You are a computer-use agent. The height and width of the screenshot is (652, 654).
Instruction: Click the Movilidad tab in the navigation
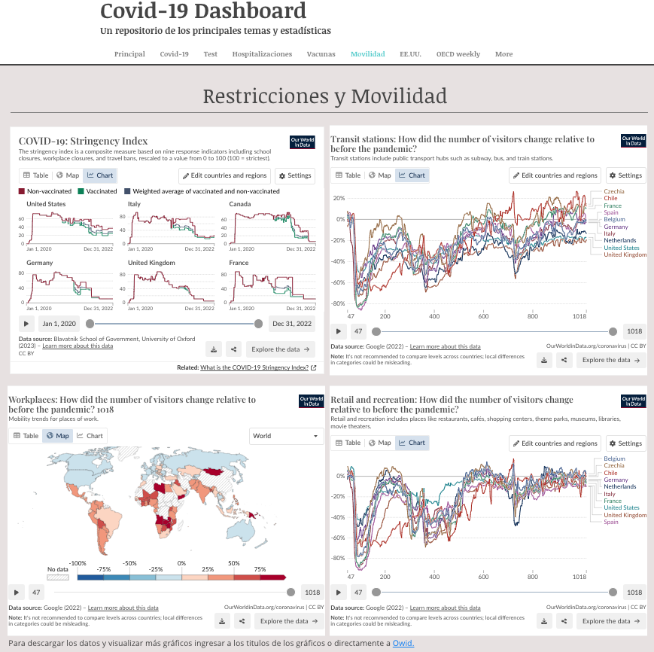(367, 54)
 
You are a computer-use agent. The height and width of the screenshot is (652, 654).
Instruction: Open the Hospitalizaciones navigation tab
(262, 54)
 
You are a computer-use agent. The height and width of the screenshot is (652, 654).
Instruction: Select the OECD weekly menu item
(458, 54)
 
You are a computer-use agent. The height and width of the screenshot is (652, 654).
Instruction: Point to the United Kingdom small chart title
(151, 263)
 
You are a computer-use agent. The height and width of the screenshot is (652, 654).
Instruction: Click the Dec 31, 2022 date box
(292, 324)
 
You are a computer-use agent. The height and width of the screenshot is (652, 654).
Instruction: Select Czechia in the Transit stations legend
(613, 192)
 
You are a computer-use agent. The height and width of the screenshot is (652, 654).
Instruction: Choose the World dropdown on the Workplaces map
(286, 436)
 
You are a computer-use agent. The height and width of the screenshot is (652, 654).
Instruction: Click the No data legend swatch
(57, 577)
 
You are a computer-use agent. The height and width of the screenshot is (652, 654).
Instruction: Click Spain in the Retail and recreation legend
(610, 522)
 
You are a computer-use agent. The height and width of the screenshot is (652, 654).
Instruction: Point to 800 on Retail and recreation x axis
(533, 576)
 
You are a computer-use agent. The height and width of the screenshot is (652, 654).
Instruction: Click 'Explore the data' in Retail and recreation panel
(610, 621)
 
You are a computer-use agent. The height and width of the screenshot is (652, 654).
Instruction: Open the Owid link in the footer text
(403, 643)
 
